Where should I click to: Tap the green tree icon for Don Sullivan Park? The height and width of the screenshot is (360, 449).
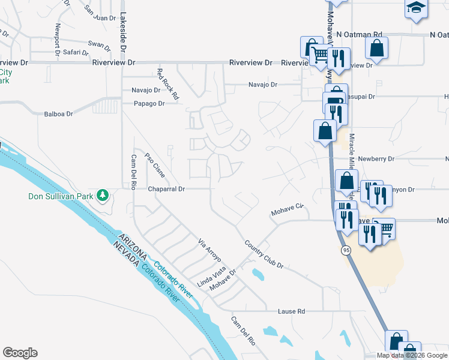coord(103,195)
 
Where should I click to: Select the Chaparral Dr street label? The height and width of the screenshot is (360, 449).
coord(166,189)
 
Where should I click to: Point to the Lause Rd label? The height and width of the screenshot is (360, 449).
coord(292,311)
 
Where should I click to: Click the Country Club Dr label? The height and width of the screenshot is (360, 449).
coord(263,254)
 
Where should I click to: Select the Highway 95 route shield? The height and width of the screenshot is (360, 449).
coord(346,250)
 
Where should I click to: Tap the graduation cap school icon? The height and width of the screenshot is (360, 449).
coord(415,8)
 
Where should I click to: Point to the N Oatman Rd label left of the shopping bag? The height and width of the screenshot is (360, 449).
coord(359,35)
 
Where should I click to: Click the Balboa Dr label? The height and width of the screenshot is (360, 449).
coord(58,113)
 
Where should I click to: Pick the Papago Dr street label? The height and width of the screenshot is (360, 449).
coord(148,103)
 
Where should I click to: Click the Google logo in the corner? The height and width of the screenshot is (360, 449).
coord(20,353)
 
